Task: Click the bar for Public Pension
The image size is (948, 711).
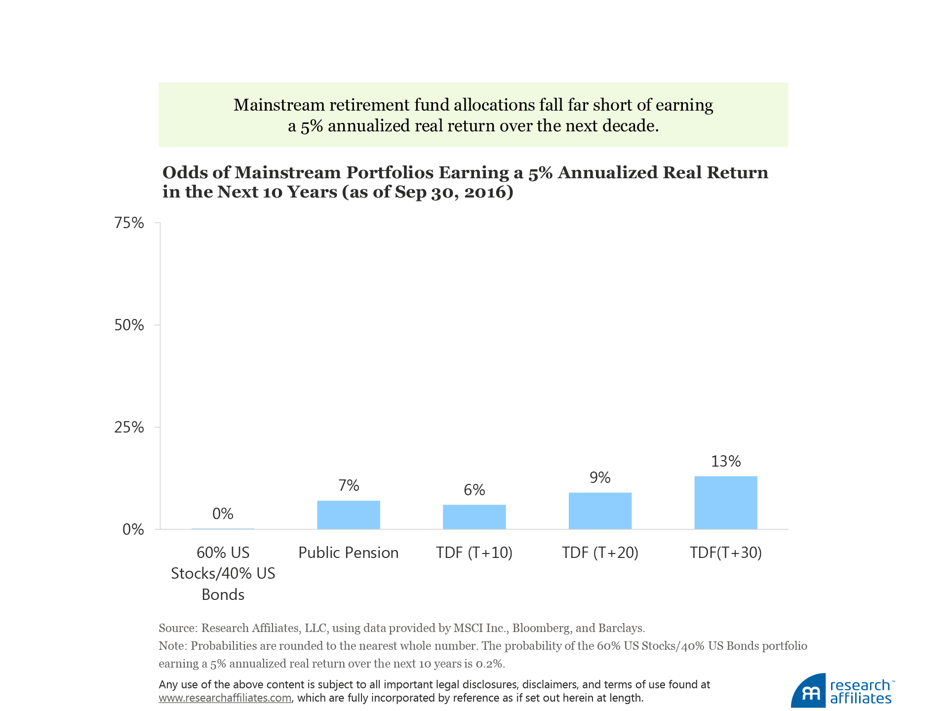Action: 348,515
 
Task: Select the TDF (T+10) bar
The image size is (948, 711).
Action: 474,517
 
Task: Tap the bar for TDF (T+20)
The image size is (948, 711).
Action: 600,511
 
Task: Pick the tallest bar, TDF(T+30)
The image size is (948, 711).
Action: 725,503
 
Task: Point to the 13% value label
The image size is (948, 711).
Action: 725,461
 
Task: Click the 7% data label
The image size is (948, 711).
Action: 348,485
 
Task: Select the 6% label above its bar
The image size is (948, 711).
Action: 474,490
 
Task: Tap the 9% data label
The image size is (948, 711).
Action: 600,477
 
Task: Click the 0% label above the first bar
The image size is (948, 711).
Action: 223,513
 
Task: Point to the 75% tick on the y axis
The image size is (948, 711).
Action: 129,223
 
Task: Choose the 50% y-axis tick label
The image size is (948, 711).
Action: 129,325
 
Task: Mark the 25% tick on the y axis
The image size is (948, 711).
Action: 129,427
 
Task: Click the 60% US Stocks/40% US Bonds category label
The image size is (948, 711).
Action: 223,573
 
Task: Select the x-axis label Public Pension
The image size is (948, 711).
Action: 348,553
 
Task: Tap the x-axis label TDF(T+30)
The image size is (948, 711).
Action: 725,553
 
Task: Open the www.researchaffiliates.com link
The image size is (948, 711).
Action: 225,698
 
